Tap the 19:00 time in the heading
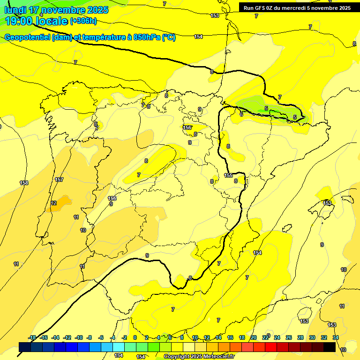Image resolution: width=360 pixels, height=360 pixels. tap(18, 21)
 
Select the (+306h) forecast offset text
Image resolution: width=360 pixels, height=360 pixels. tap(83, 21)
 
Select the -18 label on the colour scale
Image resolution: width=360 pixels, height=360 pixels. tap(32, 337)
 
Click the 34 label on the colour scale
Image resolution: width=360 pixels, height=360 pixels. tap(336, 337)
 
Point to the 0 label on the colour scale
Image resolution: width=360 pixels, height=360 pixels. tap(135, 337)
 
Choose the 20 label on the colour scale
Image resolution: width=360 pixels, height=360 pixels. tap(254, 337)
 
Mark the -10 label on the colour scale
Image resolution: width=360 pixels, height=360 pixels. tap(79, 337)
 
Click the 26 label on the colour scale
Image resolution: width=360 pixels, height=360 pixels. tap(289, 337)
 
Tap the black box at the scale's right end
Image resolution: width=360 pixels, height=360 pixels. tap(330, 347)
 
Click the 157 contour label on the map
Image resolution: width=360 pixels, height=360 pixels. tap(59, 180)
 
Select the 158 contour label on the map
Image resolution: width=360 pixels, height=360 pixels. tap(24, 183)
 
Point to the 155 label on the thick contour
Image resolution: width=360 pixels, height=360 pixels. tap(228, 175)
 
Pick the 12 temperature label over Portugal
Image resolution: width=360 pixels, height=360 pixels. tap(53, 203)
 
